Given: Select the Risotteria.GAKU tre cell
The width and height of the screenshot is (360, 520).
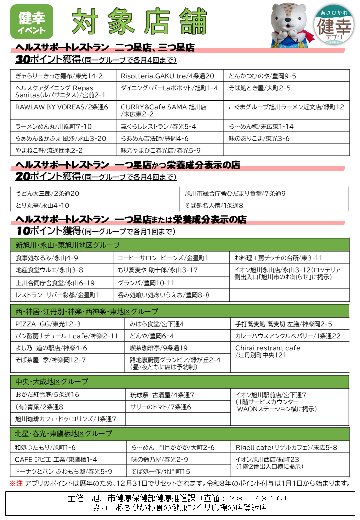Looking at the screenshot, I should pyautogui.click(x=168, y=76).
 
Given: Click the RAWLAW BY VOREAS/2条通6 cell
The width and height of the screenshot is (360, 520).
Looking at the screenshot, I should pyautogui.click(x=62, y=107).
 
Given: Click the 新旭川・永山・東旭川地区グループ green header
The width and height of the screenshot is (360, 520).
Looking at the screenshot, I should pyautogui.click(x=180, y=245).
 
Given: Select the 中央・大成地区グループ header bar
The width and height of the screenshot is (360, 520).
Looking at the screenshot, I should pyautogui.click(x=180, y=381).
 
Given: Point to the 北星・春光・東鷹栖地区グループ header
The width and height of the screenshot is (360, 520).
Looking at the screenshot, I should pyautogui.click(x=180, y=433).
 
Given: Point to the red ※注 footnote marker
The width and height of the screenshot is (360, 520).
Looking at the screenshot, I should pyautogui.click(x=16, y=483).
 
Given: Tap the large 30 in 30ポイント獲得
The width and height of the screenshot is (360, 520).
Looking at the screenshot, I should pyautogui.click(x=23, y=60).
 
